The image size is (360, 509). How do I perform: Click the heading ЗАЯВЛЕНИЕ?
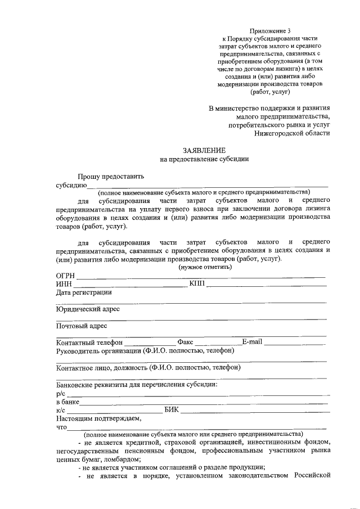(x=204, y=151)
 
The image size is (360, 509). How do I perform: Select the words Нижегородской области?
(x=292, y=133)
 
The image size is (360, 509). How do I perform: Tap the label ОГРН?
(x=66, y=276)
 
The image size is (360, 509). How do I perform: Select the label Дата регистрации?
(x=84, y=292)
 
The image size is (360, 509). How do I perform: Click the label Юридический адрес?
(x=88, y=309)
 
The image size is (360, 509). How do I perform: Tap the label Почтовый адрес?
(x=82, y=326)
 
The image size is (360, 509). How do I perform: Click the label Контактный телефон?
(x=89, y=343)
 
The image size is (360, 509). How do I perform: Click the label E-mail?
(x=252, y=342)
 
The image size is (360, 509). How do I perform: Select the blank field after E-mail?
(x=295, y=343)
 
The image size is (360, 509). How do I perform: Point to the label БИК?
(x=172, y=410)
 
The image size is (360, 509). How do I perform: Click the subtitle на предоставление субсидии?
(x=204, y=159)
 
